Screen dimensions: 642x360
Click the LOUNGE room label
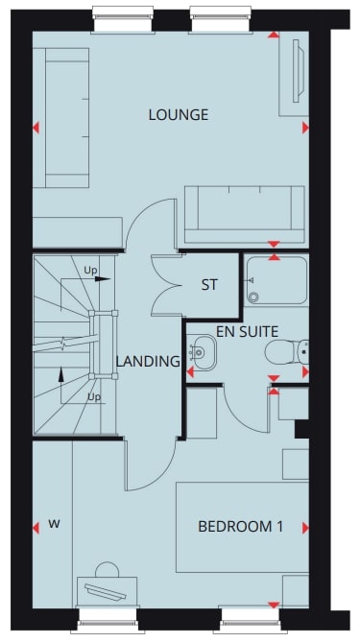(178, 115)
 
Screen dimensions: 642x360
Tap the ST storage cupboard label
(209, 285)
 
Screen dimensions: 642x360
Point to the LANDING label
(148, 362)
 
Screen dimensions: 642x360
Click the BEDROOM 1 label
(240, 527)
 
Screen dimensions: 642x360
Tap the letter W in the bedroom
(55, 525)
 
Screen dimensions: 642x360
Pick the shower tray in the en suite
(276, 280)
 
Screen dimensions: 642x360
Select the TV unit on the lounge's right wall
(293, 76)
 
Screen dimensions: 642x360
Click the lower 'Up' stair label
(94, 396)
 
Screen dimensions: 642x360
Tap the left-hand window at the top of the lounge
(123, 13)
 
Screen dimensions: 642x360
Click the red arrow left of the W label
(36, 526)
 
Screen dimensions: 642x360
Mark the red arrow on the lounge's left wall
(36, 128)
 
